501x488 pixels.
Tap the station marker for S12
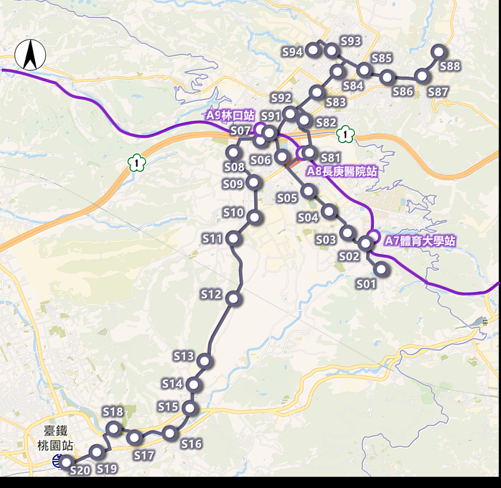point(234,298)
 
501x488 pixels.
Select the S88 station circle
point(438,52)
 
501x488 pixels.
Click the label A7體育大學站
point(419,241)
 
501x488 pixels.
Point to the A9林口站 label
point(230,115)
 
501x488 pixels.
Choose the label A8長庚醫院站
point(341,171)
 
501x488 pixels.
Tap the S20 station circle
point(66,463)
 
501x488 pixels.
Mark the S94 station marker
point(314,50)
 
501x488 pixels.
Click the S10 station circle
point(254,217)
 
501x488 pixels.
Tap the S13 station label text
point(183,356)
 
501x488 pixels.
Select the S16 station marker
point(170,434)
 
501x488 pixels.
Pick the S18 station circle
point(113,429)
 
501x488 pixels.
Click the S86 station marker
point(388,77)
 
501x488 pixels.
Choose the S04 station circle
point(329,211)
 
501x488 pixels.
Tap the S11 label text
point(212,238)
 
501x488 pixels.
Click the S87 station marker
point(422,76)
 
